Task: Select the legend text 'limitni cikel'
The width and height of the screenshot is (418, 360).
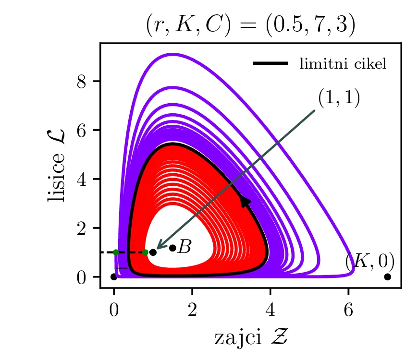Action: [343, 64]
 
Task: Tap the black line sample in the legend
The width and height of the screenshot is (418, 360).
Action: [270, 63]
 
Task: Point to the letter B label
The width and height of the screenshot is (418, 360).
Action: [184, 248]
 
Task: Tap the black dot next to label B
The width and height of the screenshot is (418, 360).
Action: [172, 248]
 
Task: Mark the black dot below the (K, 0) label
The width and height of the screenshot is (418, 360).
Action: [388, 277]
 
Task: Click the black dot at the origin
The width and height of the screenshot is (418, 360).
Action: [114, 277]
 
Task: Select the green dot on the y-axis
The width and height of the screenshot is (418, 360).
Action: [116, 252]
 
